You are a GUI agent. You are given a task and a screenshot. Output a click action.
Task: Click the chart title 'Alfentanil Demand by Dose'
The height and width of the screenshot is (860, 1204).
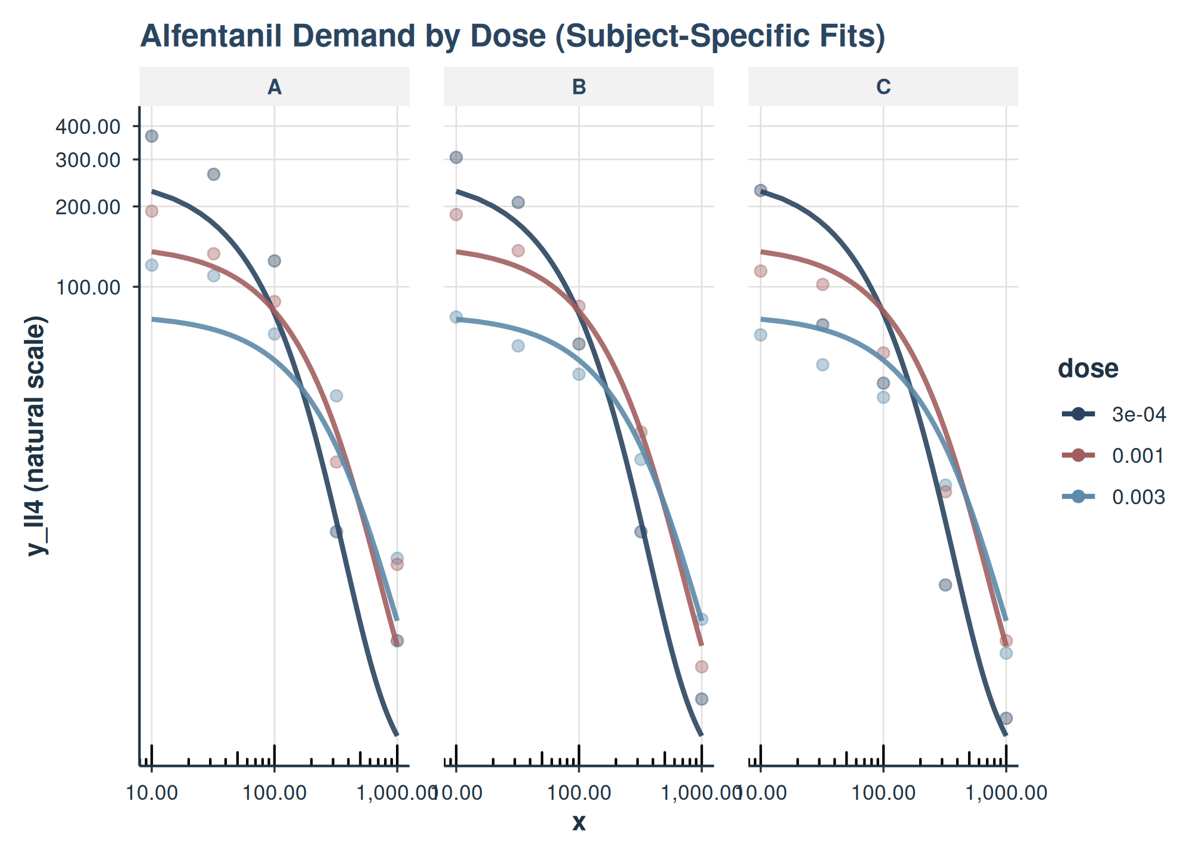pos(512,36)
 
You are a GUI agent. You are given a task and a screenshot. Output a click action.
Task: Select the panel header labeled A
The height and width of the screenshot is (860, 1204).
pos(274,87)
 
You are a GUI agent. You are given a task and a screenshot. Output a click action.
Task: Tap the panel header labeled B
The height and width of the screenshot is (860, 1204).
pos(579,87)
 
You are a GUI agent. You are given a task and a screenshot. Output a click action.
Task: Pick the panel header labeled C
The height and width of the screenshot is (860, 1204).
pos(883,87)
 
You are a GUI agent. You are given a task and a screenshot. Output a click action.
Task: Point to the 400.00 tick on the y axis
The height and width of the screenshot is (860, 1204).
pos(88,127)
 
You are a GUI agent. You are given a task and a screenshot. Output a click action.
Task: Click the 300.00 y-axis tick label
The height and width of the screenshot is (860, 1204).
pos(88,160)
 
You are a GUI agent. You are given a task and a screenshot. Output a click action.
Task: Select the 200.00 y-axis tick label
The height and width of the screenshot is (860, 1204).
pos(88,207)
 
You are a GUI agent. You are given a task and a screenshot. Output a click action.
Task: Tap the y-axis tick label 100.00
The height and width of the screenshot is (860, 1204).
pos(88,287)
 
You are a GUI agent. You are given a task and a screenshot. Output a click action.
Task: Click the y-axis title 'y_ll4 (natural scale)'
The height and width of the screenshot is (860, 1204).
pos(37,436)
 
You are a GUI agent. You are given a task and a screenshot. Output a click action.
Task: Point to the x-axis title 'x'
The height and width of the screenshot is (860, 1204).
pos(579,823)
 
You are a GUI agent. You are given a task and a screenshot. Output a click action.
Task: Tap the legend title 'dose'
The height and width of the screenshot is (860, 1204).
pos(1088,368)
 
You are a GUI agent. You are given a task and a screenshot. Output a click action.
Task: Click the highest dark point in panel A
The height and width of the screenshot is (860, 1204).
pos(152,136)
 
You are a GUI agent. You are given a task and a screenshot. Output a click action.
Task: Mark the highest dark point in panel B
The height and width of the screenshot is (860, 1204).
pos(456,158)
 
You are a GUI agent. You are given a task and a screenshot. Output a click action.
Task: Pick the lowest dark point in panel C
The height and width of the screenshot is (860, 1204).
pos(1006,718)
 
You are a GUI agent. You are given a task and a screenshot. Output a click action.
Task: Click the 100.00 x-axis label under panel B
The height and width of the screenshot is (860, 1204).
pos(579,793)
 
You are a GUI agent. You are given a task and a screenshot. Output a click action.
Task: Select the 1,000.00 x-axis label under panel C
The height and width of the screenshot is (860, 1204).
pos(1006,793)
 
